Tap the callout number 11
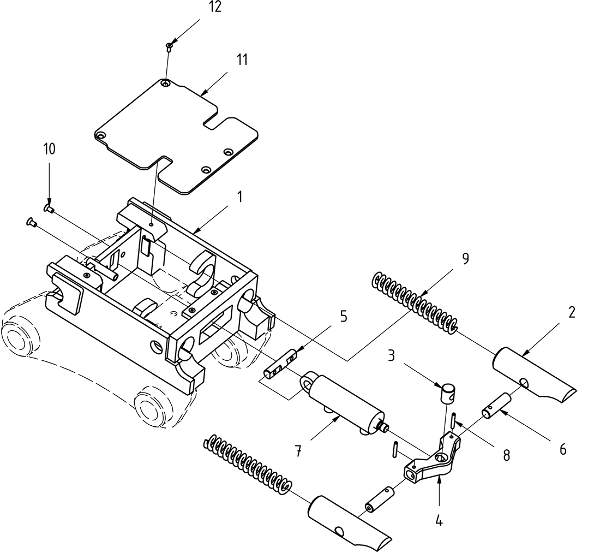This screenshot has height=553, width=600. click(x=241, y=60)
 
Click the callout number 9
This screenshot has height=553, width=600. click(x=465, y=259)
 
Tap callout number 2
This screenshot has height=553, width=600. click(x=571, y=312)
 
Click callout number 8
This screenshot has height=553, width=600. click(x=506, y=455)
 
